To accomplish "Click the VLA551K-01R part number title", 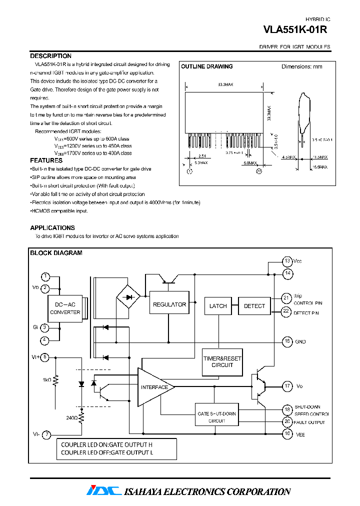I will click(x=295, y=30).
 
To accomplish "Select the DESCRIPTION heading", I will click(x=50, y=56).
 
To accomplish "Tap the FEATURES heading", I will click(x=46, y=160).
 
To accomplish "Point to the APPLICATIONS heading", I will click(x=52, y=228).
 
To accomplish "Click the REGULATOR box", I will click(x=169, y=304).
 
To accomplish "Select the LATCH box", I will click(x=218, y=306).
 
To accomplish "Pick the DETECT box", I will click(x=254, y=306).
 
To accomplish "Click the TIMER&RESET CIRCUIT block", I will click(x=222, y=362).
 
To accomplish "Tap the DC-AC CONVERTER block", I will click(x=65, y=308).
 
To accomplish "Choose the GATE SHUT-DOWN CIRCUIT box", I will click(x=217, y=417).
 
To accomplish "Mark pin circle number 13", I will click(x=287, y=261).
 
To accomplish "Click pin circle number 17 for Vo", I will click(x=287, y=386).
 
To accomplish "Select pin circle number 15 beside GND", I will click(x=287, y=341).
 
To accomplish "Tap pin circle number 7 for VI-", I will click(x=45, y=434).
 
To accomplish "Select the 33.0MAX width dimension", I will click(x=225, y=85).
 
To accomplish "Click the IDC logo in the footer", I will click(x=103, y=491).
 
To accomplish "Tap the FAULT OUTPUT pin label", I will click(x=309, y=422).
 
